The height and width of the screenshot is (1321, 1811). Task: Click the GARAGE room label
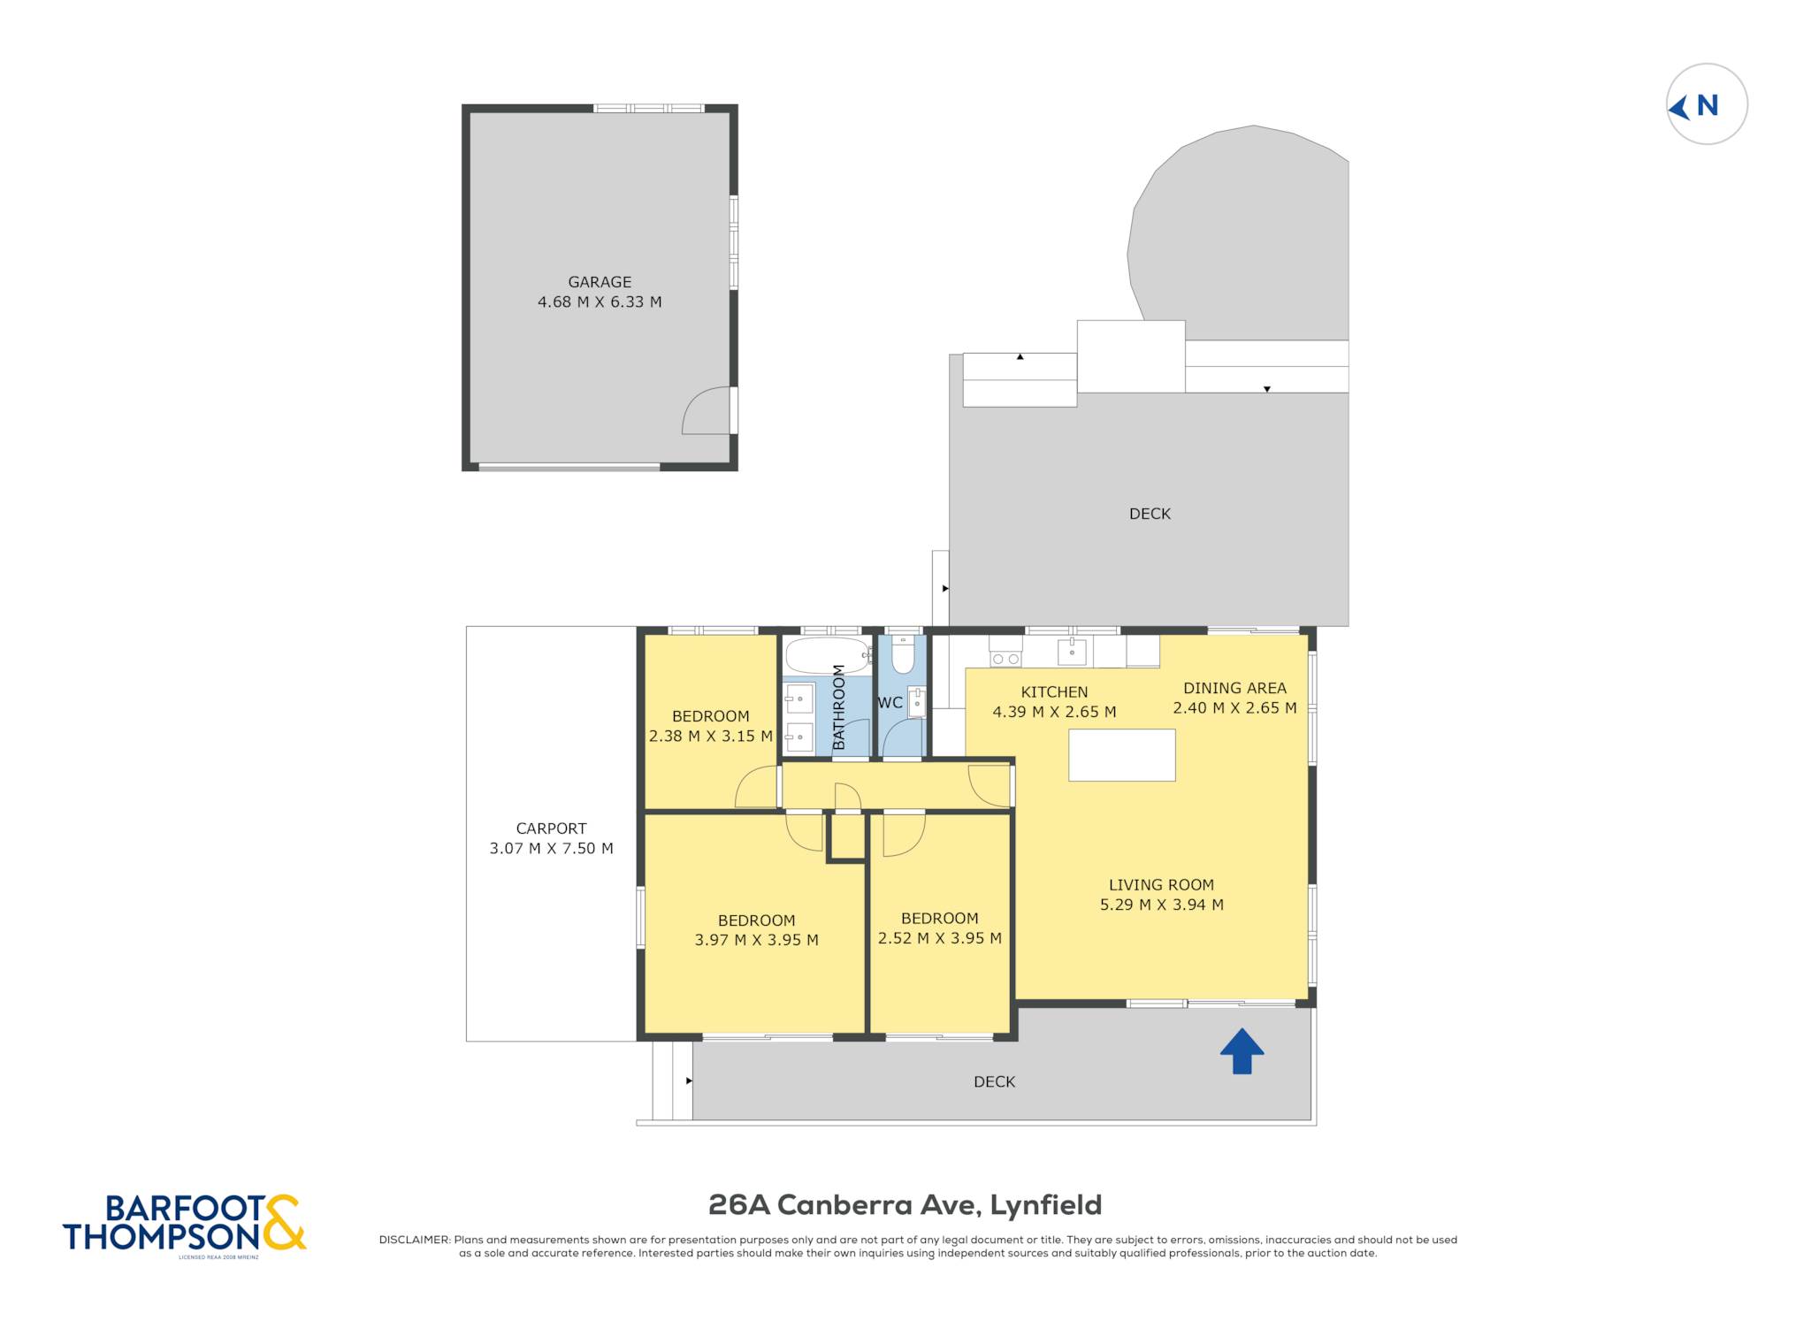(600, 282)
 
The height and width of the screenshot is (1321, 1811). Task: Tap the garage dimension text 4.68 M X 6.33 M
(600, 302)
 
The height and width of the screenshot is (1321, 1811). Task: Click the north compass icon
(1707, 104)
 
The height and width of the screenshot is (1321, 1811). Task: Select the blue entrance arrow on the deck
(1242, 1050)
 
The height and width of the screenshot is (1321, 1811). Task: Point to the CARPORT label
(551, 828)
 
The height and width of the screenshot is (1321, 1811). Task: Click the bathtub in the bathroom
(827, 656)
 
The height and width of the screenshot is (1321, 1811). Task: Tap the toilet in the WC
(903, 655)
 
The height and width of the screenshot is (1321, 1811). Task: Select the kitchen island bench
(1121, 755)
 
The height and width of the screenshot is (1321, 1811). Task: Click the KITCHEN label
(1054, 692)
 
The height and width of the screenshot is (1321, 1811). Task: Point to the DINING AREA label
(1234, 688)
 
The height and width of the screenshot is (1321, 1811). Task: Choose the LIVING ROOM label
(1161, 885)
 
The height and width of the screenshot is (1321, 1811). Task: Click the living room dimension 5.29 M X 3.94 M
(1161, 905)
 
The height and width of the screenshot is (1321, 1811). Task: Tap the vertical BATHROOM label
(839, 707)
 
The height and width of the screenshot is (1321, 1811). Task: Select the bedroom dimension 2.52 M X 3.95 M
(939, 938)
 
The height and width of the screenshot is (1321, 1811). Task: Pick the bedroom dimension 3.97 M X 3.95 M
(756, 940)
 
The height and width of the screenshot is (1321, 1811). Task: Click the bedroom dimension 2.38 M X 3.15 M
(710, 736)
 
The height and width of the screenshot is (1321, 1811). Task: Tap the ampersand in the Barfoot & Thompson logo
(283, 1222)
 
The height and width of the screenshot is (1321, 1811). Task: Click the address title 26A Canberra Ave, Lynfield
(905, 1205)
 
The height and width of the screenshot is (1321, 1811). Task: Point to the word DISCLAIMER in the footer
(415, 1240)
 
